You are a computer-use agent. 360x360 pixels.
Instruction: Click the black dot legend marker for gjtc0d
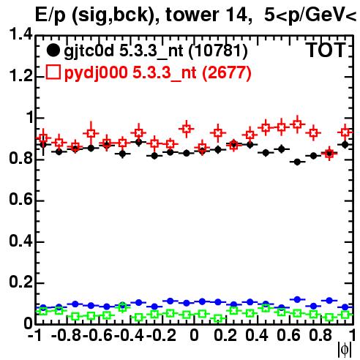[53, 50]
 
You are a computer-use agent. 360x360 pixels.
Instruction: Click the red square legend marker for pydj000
[53, 72]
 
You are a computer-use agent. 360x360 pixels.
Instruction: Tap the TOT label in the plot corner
[326, 50]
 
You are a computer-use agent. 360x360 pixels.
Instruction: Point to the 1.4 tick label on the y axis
[20, 34]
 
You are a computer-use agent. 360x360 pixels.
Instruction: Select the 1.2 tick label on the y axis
[20, 76]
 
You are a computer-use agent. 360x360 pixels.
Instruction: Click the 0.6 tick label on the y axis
[20, 200]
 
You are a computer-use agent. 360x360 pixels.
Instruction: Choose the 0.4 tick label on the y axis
[20, 241]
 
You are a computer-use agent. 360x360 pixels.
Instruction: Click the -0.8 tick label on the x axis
[67, 335]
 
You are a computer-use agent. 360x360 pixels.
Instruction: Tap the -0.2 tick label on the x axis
[161, 335]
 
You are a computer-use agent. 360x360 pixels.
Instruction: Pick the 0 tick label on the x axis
[194, 335]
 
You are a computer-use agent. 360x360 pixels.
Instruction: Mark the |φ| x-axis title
[345, 350]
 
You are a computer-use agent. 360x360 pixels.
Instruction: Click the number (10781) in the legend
[218, 51]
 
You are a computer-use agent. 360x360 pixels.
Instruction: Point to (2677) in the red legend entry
[227, 73]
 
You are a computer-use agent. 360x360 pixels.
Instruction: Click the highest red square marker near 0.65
[297, 124]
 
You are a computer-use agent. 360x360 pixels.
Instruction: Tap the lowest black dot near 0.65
[297, 162]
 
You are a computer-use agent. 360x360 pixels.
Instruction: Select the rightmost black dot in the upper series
[345, 144]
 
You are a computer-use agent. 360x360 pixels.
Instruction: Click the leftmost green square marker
[43, 311]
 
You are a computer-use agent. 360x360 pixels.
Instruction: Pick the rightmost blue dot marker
[345, 307]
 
